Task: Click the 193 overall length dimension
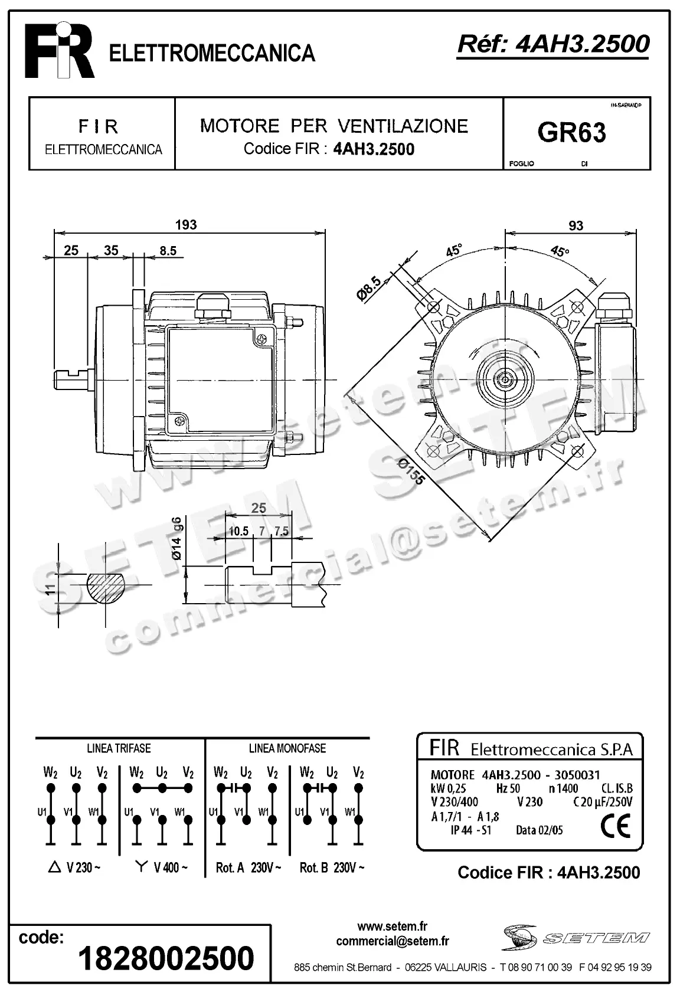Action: pyautogui.click(x=185, y=224)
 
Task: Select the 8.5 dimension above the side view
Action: pyautogui.click(x=168, y=251)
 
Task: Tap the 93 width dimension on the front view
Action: pyautogui.click(x=576, y=225)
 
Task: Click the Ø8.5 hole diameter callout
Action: pyautogui.click(x=370, y=284)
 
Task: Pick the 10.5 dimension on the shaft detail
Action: pyautogui.click(x=238, y=531)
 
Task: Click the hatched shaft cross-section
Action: pyautogui.click(x=107, y=587)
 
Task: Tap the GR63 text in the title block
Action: pyautogui.click(x=571, y=133)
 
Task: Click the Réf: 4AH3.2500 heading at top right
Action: pyautogui.click(x=553, y=43)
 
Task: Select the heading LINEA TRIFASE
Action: pyautogui.click(x=119, y=748)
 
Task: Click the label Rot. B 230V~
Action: pyautogui.click(x=332, y=867)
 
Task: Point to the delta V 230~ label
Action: pyautogui.click(x=74, y=867)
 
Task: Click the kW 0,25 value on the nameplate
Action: pyautogui.click(x=449, y=788)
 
